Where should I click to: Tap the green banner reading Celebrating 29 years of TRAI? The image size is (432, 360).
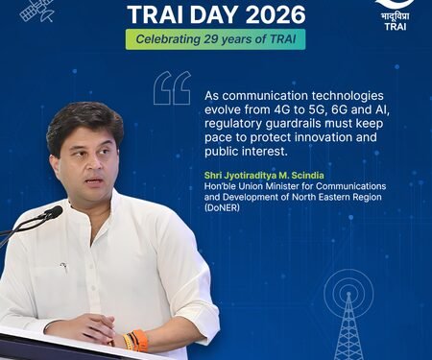pyautogui.click(x=216, y=40)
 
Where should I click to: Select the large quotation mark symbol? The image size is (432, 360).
pyautogui.click(x=172, y=88)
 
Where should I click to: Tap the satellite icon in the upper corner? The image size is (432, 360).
pyautogui.click(x=36, y=11)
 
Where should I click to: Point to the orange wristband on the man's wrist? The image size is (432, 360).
pyautogui.click(x=140, y=340)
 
